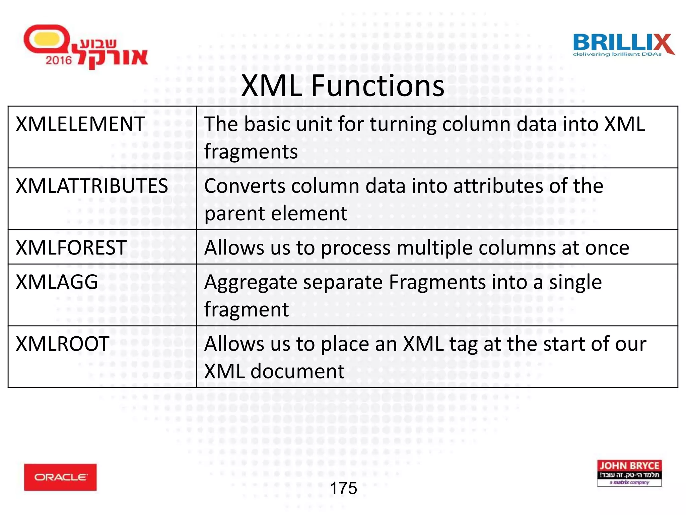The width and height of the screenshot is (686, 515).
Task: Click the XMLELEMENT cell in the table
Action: (x=80, y=124)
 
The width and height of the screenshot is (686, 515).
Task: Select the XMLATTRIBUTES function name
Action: (x=92, y=186)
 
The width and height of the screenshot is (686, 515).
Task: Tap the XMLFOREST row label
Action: (x=71, y=248)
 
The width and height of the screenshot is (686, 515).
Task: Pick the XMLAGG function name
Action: (x=57, y=282)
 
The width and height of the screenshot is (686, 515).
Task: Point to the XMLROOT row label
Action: (x=63, y=344)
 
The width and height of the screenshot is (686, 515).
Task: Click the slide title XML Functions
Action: (x=343, y=86)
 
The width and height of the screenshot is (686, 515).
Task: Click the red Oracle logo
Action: (x=60, y=477)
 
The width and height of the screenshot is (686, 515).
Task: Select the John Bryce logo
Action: (x=629, y=473)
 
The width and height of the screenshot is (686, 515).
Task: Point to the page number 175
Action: (x=343, y=488)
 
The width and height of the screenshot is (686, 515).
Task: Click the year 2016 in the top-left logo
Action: (x=59, y=60)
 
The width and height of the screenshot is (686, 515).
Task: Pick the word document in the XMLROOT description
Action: (x=297, y=371)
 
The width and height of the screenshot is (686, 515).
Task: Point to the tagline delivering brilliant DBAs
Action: (x=617, y=54)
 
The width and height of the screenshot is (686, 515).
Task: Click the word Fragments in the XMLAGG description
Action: (x=436, y=282)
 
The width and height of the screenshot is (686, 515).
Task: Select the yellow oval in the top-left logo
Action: (x=47, y=39)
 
